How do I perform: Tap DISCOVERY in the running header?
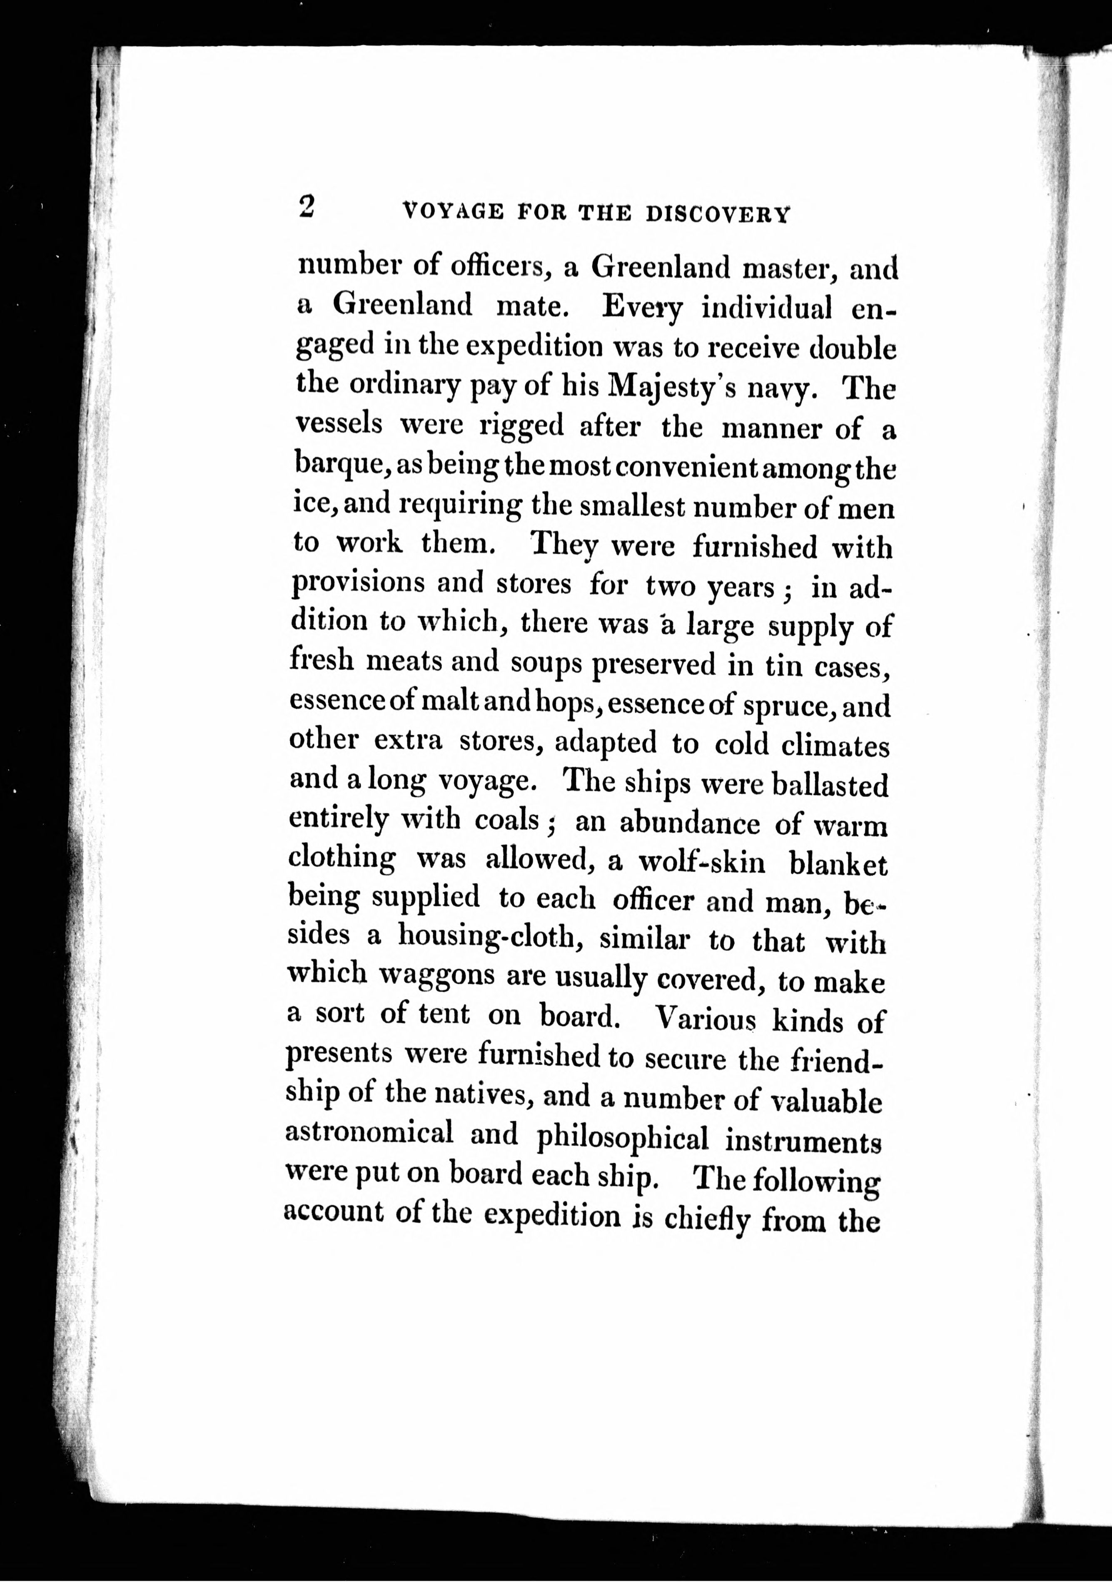coord(717,214)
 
